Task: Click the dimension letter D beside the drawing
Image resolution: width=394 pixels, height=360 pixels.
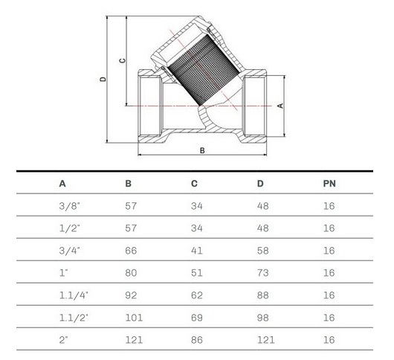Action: [103, 79]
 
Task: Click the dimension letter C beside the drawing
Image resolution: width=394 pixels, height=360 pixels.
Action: [122, 60]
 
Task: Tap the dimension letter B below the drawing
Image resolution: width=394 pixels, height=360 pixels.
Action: [202, 150]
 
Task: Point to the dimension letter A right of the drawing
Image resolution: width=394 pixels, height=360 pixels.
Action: [280, 106]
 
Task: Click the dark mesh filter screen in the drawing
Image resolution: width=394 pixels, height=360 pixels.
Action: [204, 70]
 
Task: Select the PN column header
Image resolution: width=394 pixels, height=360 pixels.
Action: [329, 184]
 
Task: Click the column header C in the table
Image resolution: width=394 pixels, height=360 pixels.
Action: [194, 184]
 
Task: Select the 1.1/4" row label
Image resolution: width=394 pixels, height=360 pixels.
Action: [74, 295]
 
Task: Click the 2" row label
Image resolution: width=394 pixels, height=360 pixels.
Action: [64, 340]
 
